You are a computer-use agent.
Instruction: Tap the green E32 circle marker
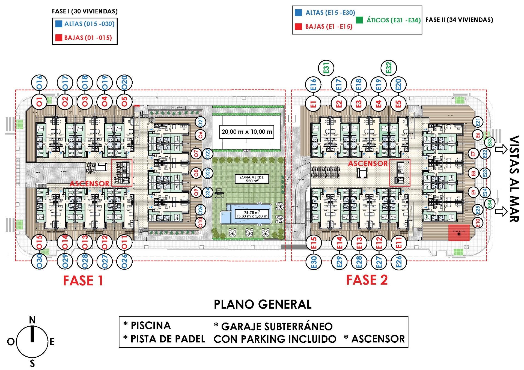pos(389,68)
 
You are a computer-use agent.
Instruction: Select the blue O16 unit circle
pos(39,82)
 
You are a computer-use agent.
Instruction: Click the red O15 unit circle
pos(40,242)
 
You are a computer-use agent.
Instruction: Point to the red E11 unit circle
pos(399,243)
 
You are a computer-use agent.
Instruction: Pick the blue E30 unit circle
pos(314,262)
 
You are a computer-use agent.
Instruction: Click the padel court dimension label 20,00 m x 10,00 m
pos(247,132)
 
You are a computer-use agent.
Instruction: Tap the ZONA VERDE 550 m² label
pos(252,179)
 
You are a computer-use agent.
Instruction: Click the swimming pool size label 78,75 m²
pos(252,214)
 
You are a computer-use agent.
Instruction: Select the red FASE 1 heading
pos(83,281)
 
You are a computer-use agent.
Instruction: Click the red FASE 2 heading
pos(367,280)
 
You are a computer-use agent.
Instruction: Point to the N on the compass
pos(32,320)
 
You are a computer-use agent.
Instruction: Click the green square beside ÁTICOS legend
pos(359,20)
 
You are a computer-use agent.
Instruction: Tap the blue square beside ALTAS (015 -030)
pos(59,24)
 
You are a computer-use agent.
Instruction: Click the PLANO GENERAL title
pos(263,304)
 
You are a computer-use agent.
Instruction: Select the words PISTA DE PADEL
pos(168,339)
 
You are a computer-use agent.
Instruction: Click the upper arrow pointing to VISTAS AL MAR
pos(501,149)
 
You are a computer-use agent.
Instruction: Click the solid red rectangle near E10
pos(459,233)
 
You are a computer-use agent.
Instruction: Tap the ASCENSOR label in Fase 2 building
pos(368,163)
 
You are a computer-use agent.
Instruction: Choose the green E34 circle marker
pos(489,204)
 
